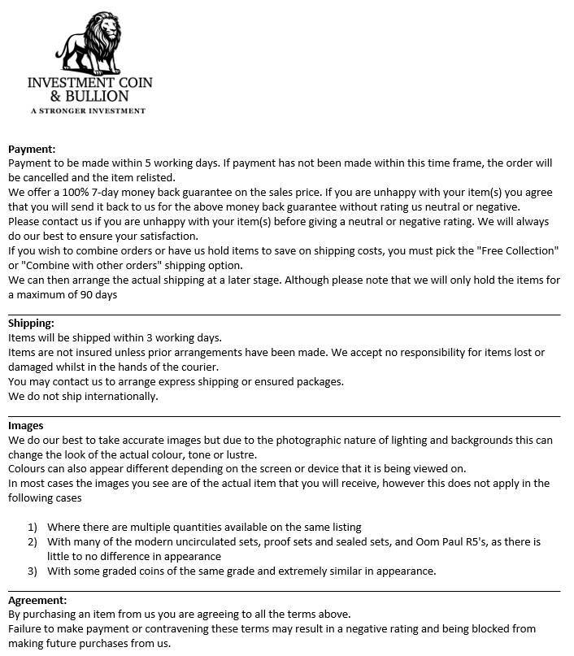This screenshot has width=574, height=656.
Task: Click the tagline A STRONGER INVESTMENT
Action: point(88,110)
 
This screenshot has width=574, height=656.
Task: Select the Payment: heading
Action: point(32,149)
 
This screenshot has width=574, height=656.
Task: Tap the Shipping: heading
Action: point(31,324)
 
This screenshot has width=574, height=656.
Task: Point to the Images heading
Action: point(26,425)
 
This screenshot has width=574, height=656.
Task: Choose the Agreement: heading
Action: point(37,600)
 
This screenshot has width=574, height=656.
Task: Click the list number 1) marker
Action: point(33,527)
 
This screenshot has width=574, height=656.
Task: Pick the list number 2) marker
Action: point(33,541)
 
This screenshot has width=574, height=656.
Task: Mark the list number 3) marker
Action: point(33,571)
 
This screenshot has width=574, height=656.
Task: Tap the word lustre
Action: point(237,454)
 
